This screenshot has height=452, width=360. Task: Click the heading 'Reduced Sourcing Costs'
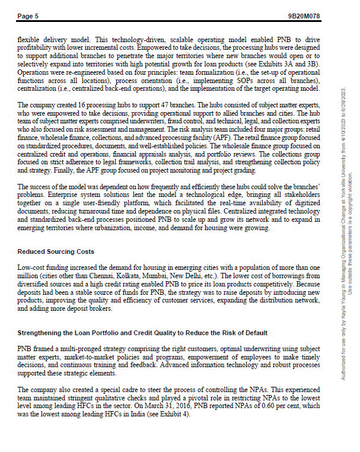56,252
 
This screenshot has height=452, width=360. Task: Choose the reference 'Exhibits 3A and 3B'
290,64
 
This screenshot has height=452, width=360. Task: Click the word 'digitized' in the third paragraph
307,203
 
